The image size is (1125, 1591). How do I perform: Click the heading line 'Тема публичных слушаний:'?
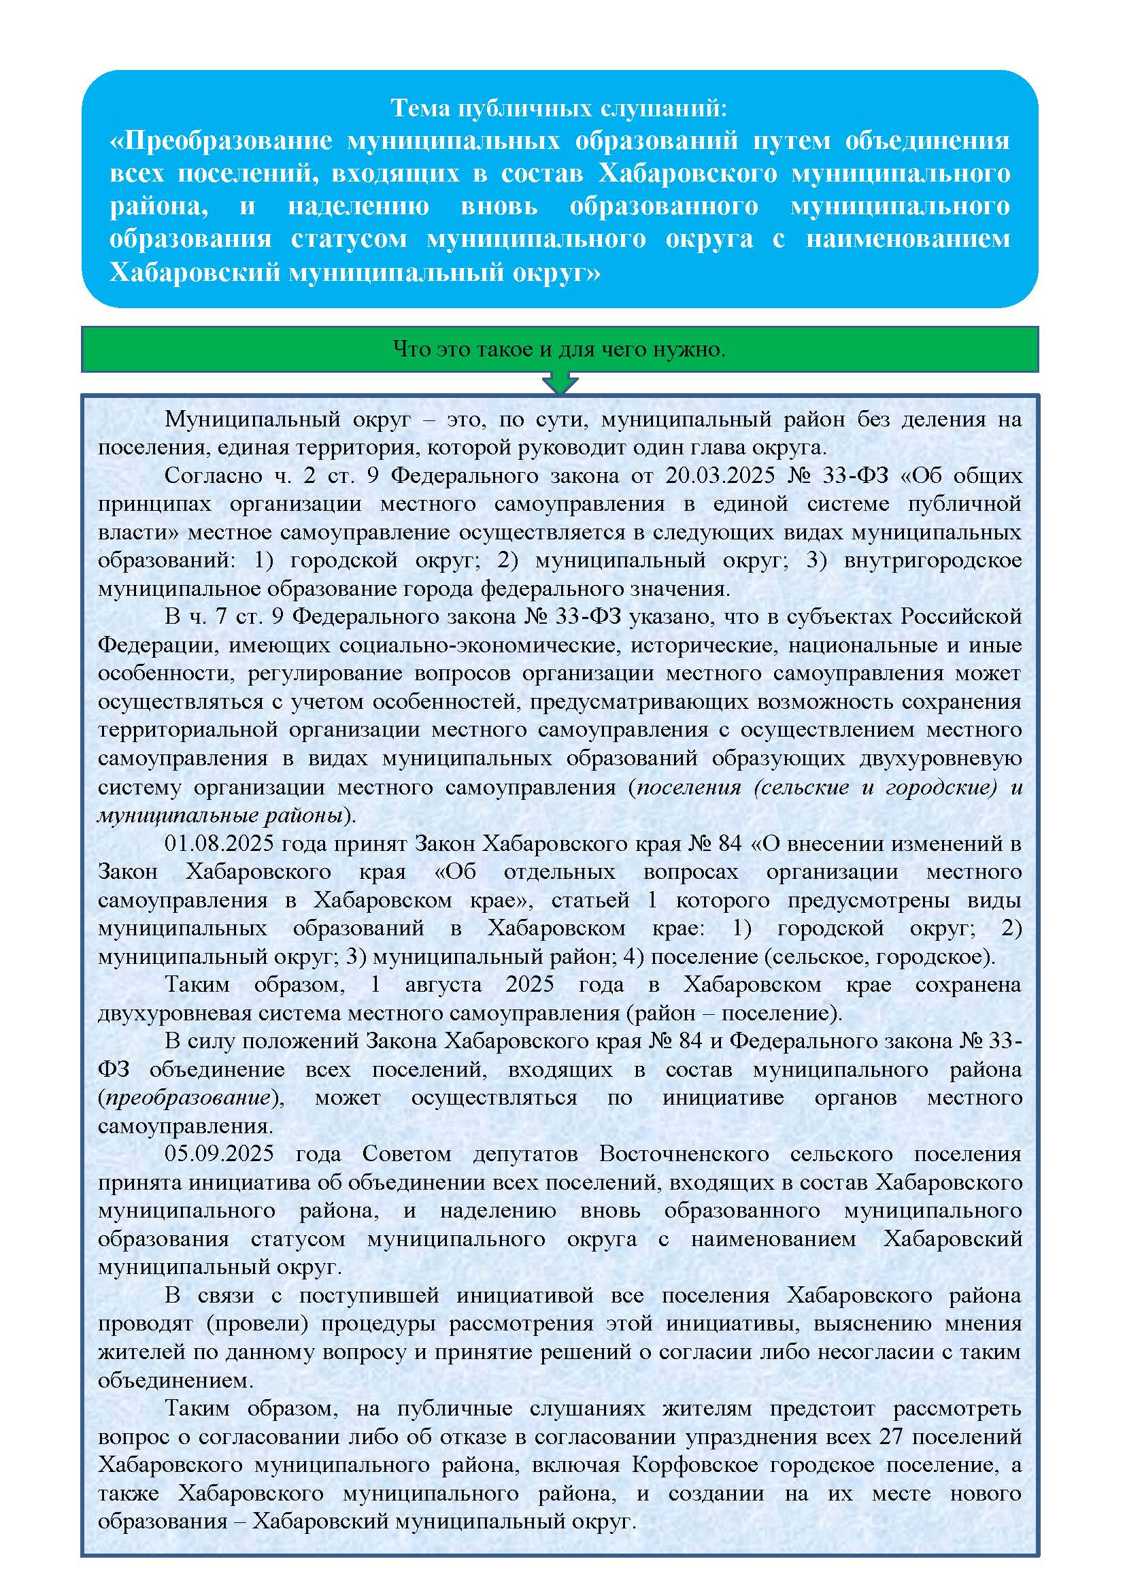coord(559,108)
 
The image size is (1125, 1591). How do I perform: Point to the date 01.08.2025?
coord(218,843)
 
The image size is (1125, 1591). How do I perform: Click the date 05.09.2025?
coord(219,1154)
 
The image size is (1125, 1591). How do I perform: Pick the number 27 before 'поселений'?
coord(891,1437)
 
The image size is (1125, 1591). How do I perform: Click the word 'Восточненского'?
coord(684,1154)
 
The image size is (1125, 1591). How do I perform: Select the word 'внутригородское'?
coord(933,560)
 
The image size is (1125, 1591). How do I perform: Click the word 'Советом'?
coord(407,1154)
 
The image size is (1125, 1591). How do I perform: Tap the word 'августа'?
coord(443,985)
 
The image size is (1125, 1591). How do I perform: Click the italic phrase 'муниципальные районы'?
coord(220,815)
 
